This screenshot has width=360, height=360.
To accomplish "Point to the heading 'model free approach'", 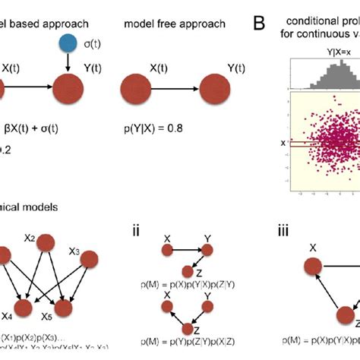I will coord(174,24).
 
